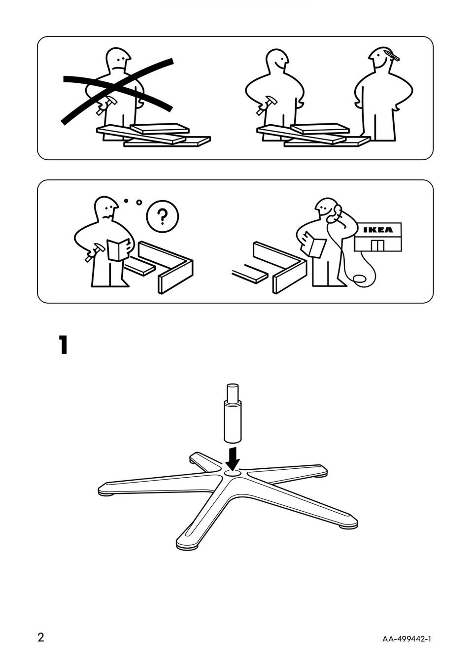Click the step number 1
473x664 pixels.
pyautogui.click(x=64, y=345)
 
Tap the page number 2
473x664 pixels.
pyautogui.click(x=40, y=636)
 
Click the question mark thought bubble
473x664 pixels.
pyautogui.click(x=163, y=217)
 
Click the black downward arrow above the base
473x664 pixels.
pyautogui.click(x=233, y=458)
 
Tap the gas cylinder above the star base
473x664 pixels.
pyautogui.click(x=233, y=413)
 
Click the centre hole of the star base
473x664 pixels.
pyautogui.click(x=233, y=474)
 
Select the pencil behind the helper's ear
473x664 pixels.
pyautogui.click(x=392, y=55)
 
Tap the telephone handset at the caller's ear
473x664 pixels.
pyautogui.click(x=334, y=213)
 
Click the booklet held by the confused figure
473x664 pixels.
pyautogui.click(x=118, y=249)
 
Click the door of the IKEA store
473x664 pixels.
pyautogui.click(x=377, y=245)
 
